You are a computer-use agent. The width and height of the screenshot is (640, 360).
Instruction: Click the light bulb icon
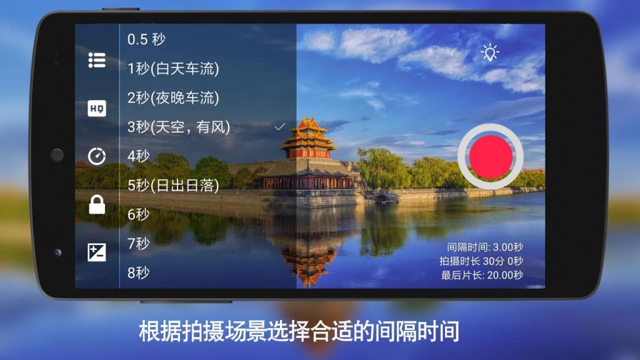[x=490, y=52]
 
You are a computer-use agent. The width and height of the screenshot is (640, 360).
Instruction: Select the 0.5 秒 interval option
[x=147, y=39]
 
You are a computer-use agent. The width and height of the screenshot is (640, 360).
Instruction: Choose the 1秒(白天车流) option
[x=173, y=68]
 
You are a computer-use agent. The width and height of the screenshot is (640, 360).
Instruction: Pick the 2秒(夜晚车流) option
[x=173, y=97]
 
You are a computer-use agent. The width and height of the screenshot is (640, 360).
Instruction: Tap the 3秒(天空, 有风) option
[x=179, y=127]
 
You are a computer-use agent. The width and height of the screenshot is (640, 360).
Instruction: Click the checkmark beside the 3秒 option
[x=280, y=127]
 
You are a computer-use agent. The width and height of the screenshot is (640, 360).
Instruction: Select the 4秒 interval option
[x=139, y=156]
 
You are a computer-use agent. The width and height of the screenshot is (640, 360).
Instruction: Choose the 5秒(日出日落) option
[x=173, y=185]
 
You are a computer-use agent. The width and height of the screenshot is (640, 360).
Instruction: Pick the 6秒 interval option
[x=139, y=214]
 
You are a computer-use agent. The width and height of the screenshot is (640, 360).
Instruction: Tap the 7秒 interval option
[x=139, y=243]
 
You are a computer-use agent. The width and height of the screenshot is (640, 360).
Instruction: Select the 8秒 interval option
[x=139, y=272]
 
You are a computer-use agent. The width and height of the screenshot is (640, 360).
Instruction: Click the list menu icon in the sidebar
[x=97, y=60]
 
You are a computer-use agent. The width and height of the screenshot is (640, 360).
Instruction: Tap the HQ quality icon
[x=97, y=108]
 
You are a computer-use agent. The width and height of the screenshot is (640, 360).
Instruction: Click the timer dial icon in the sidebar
[x=97, y=156]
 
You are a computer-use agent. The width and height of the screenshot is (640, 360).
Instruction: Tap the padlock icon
[x=97, y=204]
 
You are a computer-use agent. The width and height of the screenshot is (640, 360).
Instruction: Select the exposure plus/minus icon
[x=97, y=252]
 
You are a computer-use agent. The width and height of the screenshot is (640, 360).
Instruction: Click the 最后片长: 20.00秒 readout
[x=482, y=275]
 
